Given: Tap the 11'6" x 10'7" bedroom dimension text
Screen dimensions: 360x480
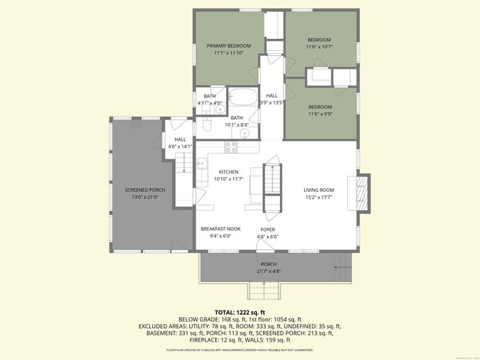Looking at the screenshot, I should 319,47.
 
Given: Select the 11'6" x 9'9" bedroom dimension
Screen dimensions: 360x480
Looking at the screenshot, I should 320,114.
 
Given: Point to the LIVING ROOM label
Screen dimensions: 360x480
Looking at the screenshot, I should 319,190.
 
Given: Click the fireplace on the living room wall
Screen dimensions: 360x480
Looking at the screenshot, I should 363,193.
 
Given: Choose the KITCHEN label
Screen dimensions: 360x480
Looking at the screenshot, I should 228,172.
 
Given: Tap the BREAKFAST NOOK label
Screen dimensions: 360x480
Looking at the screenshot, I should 221,229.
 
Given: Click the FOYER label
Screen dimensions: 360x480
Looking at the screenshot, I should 267,229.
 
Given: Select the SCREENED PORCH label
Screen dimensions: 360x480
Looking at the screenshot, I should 145,190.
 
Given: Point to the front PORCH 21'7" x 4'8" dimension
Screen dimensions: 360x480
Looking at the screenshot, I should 269,271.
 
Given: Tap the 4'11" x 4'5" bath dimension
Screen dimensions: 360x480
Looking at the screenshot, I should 210,103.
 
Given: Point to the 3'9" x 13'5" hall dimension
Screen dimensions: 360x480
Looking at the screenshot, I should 272,103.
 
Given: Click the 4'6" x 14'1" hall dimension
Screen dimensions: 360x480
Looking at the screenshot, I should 180,146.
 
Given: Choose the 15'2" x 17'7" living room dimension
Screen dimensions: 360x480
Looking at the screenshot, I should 319,198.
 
